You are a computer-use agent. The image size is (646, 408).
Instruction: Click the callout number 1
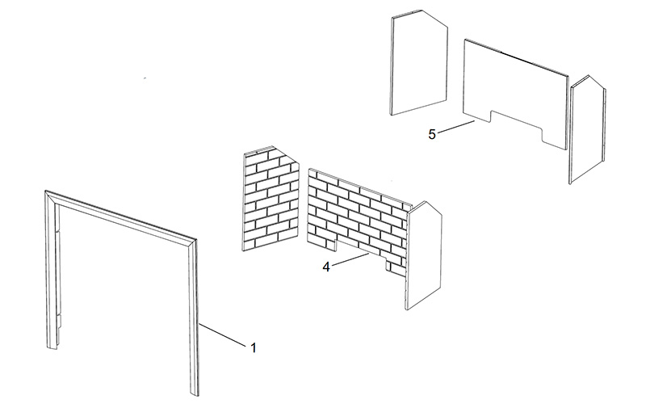tap(254, 348)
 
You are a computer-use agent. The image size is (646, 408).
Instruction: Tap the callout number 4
tap(326, 267)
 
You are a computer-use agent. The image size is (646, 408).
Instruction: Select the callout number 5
tap(432, 134)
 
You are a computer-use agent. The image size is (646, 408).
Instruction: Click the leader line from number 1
tap(223, 334)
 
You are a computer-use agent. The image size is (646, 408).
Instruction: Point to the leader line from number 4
tap(350, 259)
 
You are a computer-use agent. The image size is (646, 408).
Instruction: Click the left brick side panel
tap(271, 198)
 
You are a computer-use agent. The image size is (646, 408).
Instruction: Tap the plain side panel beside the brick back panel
tap(424, 255)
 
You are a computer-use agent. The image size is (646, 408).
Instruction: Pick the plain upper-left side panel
tap(418, 62)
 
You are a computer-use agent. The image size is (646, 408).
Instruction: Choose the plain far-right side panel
tap(588, 129)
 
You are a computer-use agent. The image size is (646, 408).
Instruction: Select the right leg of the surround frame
tap(193, 318)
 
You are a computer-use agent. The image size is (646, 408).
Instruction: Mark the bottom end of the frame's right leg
tap(195, 395)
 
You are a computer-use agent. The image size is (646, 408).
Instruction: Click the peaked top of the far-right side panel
tap(589, 76)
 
